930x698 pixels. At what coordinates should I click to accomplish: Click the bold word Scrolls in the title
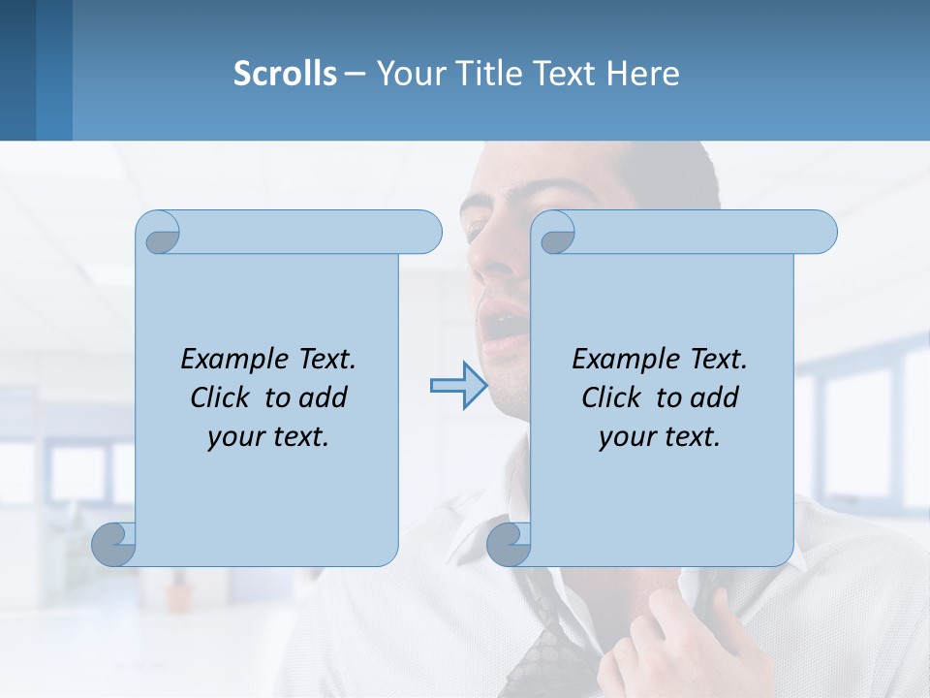pos(285,74)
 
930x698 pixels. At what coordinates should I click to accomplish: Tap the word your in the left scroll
pos(235,437)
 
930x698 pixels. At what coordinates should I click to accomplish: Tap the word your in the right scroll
pos(627,437)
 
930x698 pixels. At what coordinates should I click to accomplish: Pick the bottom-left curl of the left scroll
pos(114,544)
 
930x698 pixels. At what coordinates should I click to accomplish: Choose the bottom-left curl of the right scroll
pos(510,544)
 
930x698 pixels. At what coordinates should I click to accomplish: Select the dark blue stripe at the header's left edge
pos(17,70)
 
